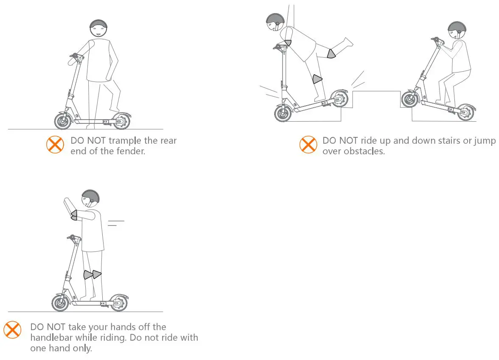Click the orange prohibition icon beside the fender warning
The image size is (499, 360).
(x=55, y=145)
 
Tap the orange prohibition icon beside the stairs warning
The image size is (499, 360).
(x=308, y=145)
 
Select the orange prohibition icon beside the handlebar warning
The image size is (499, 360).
(x=12, y=329)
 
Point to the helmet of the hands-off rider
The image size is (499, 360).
(x=90, y=197)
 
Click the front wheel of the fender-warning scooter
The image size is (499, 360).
(x=63, y=121)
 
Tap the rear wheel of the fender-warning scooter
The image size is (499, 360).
(x=121, y=121)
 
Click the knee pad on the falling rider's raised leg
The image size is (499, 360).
(x=331, y=54)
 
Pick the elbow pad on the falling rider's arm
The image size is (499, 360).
(x=288, y=42)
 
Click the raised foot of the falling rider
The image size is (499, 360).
(x=348, y=42)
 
